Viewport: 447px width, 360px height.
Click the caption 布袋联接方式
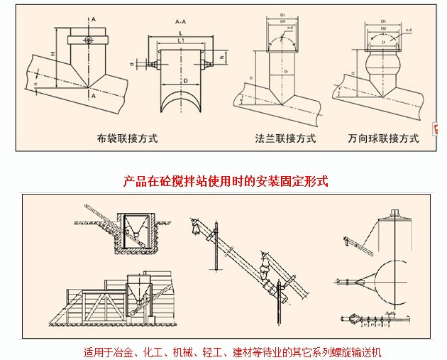[x=127, y=138]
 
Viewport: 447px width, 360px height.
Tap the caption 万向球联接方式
[x=383, y=138]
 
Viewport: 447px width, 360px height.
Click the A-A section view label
[x=180, y=23]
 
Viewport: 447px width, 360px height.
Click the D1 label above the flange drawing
[x=282, y=15]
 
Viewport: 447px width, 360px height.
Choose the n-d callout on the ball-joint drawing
[x=409, y=29]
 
